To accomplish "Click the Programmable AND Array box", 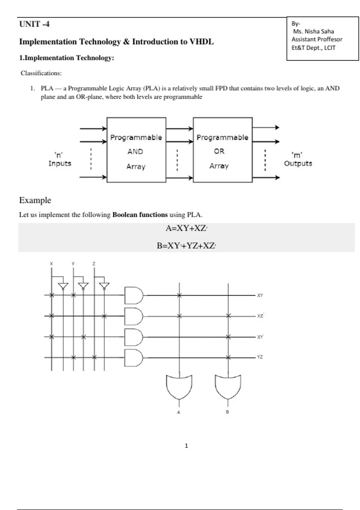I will [x=136, y=150].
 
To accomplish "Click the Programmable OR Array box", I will [x=222, y=150].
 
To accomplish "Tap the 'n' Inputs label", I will [x=60, y=159].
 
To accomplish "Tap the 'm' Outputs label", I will [x=298, y=159].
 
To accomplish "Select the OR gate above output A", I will [x=179, y=387].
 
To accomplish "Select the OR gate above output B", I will [x=228, y=387].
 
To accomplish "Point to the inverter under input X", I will [x=63, y=286].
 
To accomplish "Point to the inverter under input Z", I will [x=104, y=286].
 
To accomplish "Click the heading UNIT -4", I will [x=34, y=24].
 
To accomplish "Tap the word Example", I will [x=35, y=200].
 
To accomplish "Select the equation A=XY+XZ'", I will [x=186, y=228].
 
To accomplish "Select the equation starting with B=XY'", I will [x=186, y=246].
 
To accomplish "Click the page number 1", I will [x=186, y=446].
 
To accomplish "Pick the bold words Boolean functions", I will [x=140, y=215].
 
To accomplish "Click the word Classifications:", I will [x=41, y=73].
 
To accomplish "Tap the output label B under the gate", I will [x=227, y=412].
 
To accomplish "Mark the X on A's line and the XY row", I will [x=179, y=295].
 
